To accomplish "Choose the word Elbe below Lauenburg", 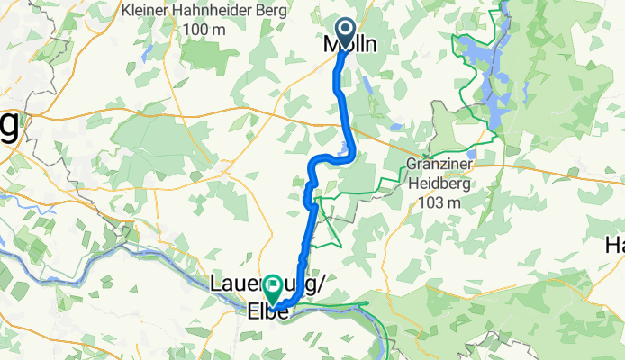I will pyautogui.click(x=267, y=312).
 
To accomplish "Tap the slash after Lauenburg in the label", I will pyautogui.click(x=319, y=284).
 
